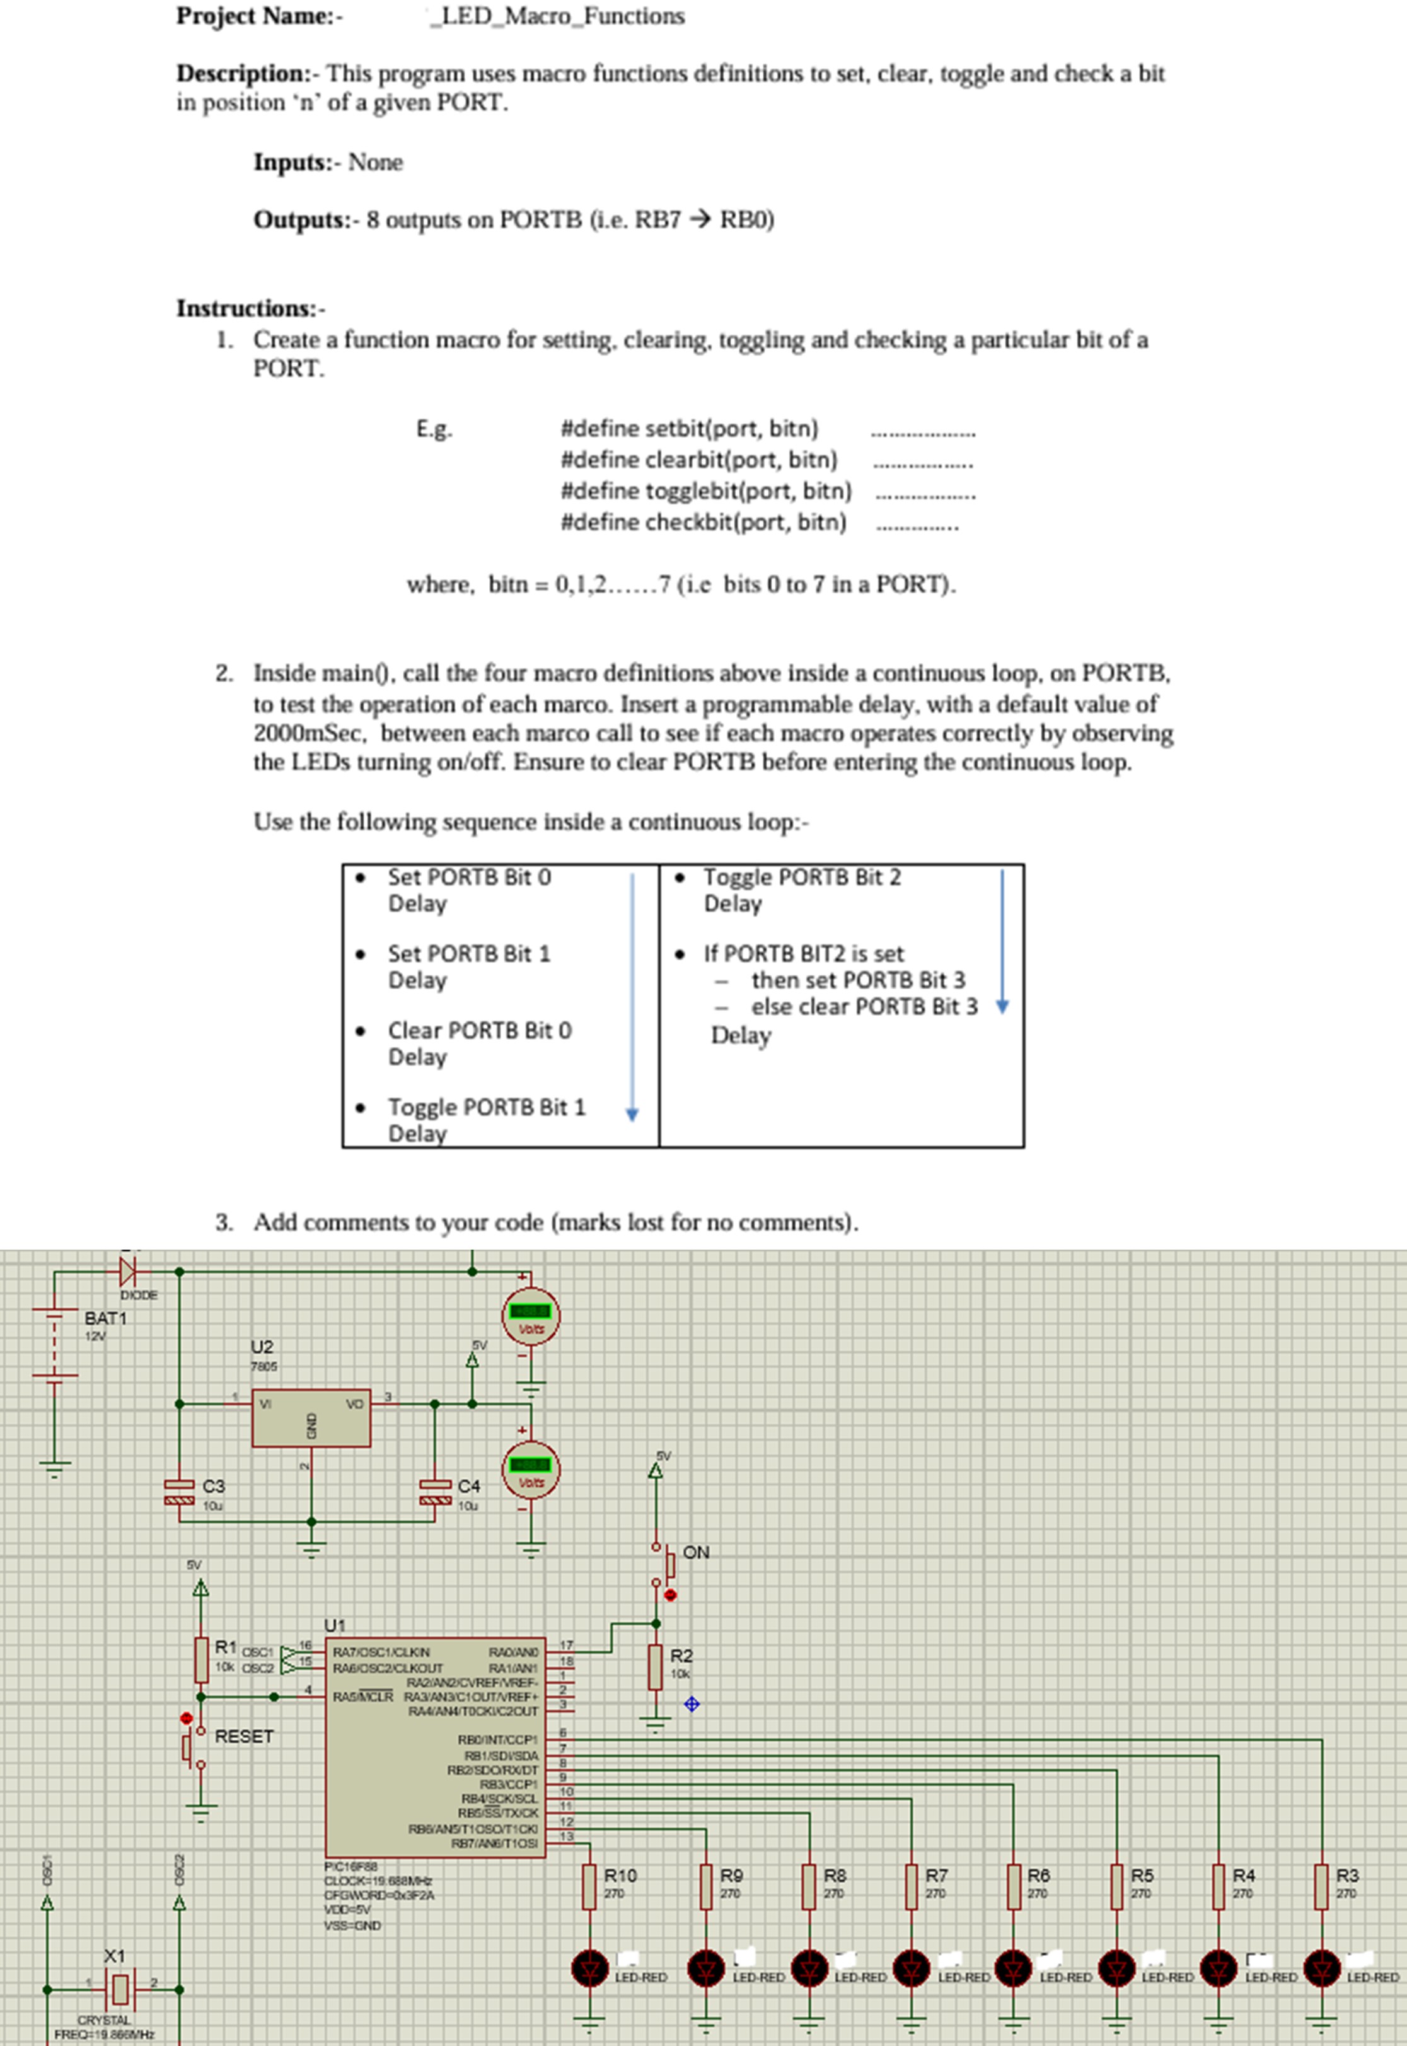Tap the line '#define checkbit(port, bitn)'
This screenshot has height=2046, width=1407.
coord(703,523)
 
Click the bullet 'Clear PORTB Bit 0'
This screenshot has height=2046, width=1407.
coord(480,1030)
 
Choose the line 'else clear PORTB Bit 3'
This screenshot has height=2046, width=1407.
coord(864,1007)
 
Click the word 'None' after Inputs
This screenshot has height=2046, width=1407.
coord(376,162)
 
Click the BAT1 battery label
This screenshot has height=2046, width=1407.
coord(106,1318)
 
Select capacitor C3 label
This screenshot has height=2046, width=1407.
coord(213,1486)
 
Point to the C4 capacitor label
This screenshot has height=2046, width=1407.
coord(469,1486)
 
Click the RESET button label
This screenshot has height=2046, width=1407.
coord(244,1736)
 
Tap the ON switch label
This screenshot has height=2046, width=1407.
coord(695,1552)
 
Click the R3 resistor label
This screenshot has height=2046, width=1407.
coord(1347,1875)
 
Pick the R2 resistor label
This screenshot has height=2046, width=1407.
coord(681,1656)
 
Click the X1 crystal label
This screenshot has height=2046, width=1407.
coord(115,1955)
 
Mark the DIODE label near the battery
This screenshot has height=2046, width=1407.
coord(139,1295)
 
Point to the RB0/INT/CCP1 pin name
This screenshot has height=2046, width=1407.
coord(497,1739)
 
